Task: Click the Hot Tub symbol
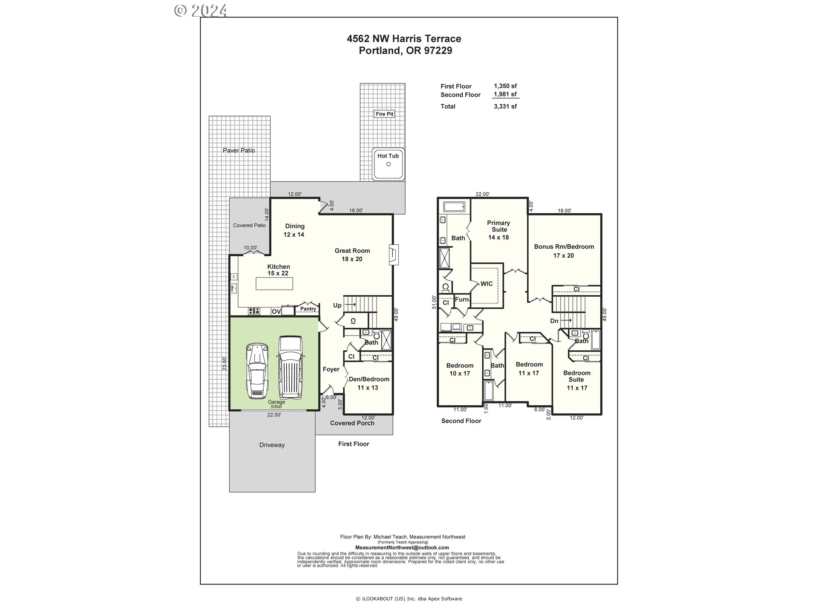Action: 388,164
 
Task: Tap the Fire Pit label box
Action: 384,114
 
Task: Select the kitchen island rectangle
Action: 274,284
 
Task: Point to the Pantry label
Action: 308,309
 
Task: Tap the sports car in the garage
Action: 257,370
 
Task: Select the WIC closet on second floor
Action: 487,284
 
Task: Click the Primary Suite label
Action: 498,230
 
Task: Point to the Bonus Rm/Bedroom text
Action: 564,247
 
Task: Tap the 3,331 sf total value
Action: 505,106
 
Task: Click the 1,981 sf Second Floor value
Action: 505,95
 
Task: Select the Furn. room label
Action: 462,299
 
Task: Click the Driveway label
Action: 272,445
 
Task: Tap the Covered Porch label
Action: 352,423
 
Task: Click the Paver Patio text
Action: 239,150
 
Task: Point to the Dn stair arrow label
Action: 554,321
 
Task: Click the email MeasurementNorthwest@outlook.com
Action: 402,547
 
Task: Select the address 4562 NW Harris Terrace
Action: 404,39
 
